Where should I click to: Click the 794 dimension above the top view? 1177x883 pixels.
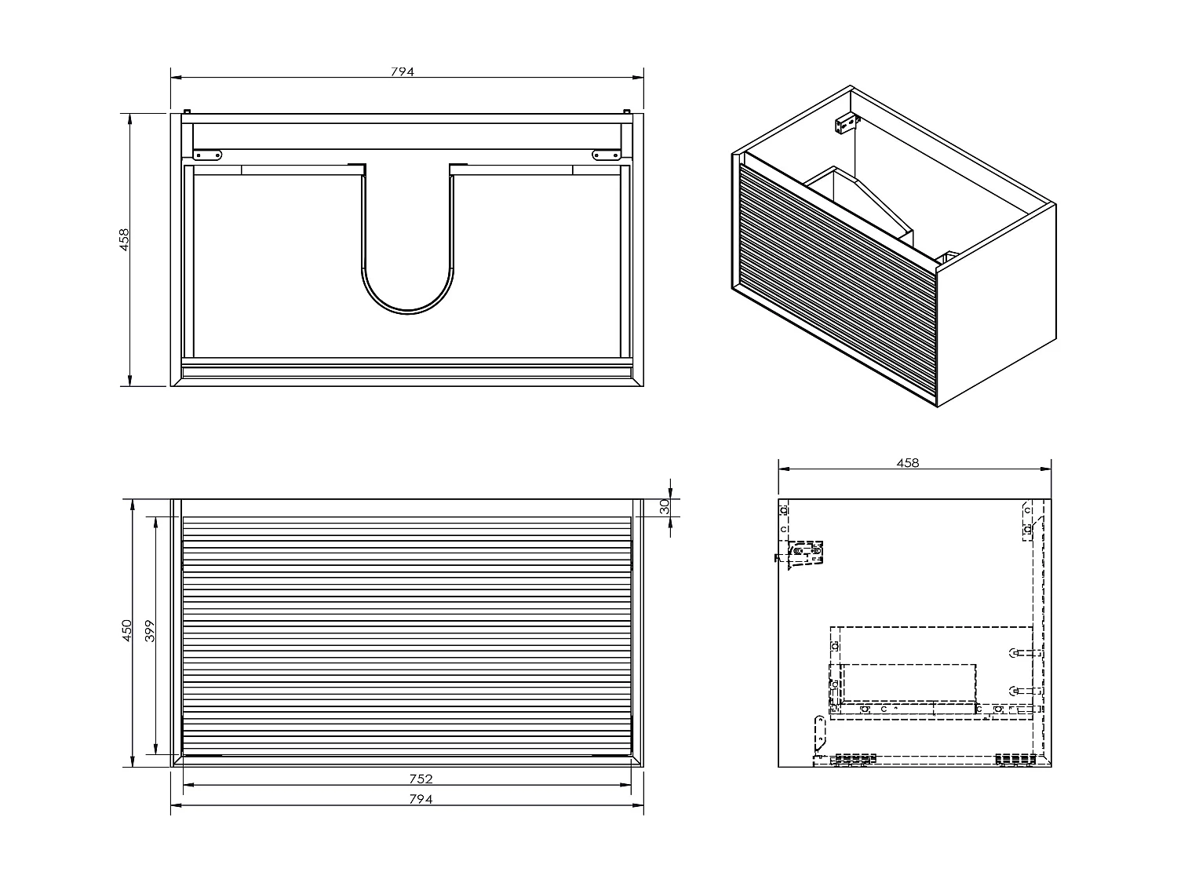click(402, 71)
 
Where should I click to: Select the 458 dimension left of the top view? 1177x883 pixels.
click(124, 239)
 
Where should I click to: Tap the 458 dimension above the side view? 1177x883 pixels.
click(907, 463)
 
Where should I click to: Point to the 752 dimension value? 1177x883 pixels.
click(421, 779)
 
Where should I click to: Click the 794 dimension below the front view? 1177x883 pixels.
click(421, 799)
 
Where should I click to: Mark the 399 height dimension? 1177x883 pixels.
click(151, 632)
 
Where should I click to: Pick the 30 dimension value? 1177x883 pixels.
click(665, 507)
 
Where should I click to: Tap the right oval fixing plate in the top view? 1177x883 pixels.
click(606, 155)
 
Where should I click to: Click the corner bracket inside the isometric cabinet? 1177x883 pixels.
click(847, 124)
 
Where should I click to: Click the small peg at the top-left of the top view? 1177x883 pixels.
click(187, 111)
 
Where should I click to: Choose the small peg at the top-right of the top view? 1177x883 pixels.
click(627, 111)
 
